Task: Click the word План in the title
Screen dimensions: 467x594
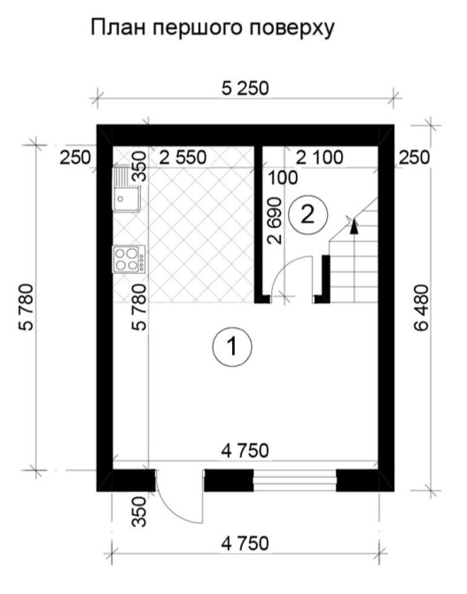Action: tap(118, 27)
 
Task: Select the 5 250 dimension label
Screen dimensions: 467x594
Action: tap(245, 89)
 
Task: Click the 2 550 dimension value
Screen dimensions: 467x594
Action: tap(183, 158)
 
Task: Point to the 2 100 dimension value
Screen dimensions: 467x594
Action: tap(319, 157)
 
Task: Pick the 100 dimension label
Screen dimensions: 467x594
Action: tap(283, 177)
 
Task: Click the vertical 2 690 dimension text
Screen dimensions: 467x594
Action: tap(275, 221)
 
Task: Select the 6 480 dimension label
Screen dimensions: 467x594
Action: tap(421, 308)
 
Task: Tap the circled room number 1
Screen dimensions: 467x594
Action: tap(232, 347)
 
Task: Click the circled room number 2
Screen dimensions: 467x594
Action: tap(307, 215)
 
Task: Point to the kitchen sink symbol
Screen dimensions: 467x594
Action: tap(127, 189)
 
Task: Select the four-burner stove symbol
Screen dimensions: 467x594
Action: tap(128, 259)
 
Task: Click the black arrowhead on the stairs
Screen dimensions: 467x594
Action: tap(354, 226)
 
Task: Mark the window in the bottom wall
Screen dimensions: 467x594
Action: tap(295, 481)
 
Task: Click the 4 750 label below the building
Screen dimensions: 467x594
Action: tap(245, 543)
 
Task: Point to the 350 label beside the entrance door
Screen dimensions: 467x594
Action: tap(139, 512)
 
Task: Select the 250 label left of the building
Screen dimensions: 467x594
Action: tap(75, 158)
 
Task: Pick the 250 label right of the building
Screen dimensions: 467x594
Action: tap(415, 158)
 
